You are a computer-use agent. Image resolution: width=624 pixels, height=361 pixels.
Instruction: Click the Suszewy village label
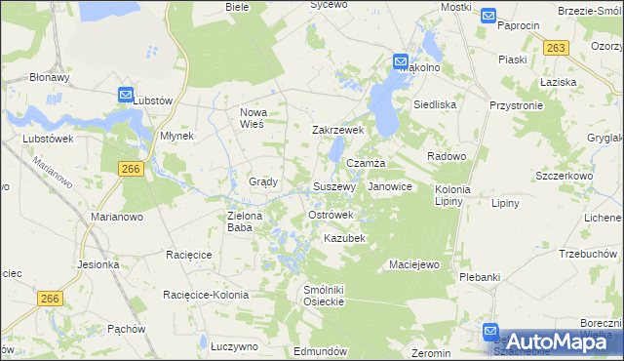click(333, 186)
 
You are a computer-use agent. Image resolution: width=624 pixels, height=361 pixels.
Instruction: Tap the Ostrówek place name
click(331, 215)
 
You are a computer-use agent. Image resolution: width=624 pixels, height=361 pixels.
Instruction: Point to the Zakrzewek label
click(337, 130)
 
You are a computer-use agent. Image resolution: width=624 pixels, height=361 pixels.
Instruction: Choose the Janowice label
click(390, 186)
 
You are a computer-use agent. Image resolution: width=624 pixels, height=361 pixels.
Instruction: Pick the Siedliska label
click(434, 103)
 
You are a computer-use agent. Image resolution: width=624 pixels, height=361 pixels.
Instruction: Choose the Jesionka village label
click(95, 264)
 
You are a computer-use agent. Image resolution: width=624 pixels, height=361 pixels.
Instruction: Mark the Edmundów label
click(321, 351)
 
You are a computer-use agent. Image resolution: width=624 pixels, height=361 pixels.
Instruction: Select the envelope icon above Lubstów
click(126, 95)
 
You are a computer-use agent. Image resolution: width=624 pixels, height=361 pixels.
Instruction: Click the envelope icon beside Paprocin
click(488, 16)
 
